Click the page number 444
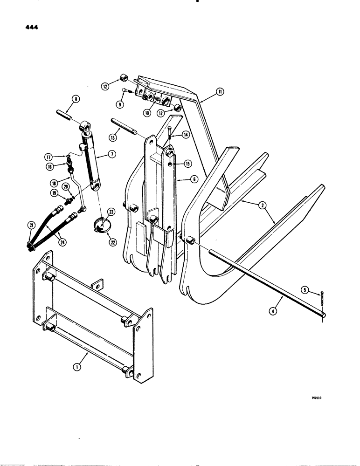point(29,27)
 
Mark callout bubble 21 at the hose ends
point(31,226)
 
